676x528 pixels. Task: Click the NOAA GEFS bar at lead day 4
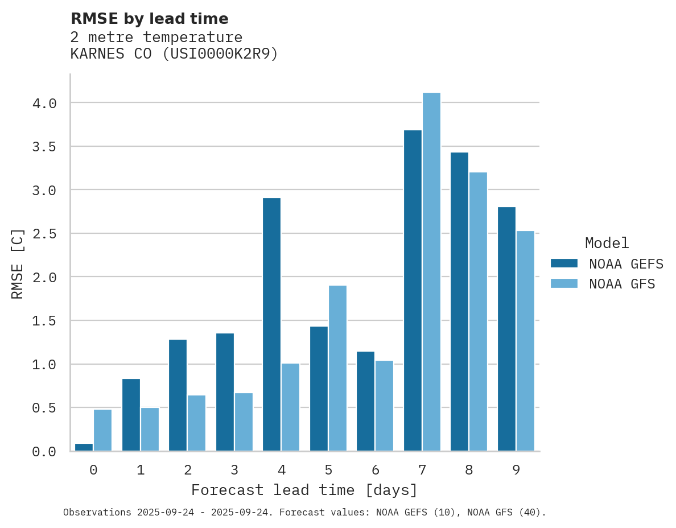pyautogui.click(x=271, y=324)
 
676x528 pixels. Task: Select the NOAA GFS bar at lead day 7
pyautogui.click(x=431, y=272)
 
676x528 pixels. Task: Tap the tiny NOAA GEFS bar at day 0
pyautogui.click(x=84, y=447)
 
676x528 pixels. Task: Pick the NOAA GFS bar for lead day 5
pyautogui.click(x=337, y=368)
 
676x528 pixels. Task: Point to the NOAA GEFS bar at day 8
pyautogui.click(x=459, y=302)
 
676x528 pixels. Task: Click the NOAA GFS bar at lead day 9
pyautogui.click(x=525, y=341)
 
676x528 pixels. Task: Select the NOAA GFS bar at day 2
pyautogui.click(x=196, y=423)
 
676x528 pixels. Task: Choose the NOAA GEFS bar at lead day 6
pyautogui.click(x=365, y=401)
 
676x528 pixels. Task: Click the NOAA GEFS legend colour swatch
pyautogui.click(x=564, y=263)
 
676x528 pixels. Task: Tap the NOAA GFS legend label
pyautogui.click(x=622, y=284)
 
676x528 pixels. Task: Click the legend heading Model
pyautogui.click(x=607, y=244)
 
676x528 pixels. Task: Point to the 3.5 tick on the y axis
pyautogui.click(x=44, y=147)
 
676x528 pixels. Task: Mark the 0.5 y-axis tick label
pyautogui.click(x=44, y=408)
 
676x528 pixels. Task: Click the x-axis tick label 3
pyautogui.click(x=234, y=470)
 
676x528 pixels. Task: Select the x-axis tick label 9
pyautogui.click(x=516, y=470)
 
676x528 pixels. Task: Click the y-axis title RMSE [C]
pyautogui.click(x=18, y=263)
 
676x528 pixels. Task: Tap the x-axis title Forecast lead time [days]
pyautogui.click(x=304, y=490)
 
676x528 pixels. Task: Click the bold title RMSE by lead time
pyautogui.click(x=149, y=19)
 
